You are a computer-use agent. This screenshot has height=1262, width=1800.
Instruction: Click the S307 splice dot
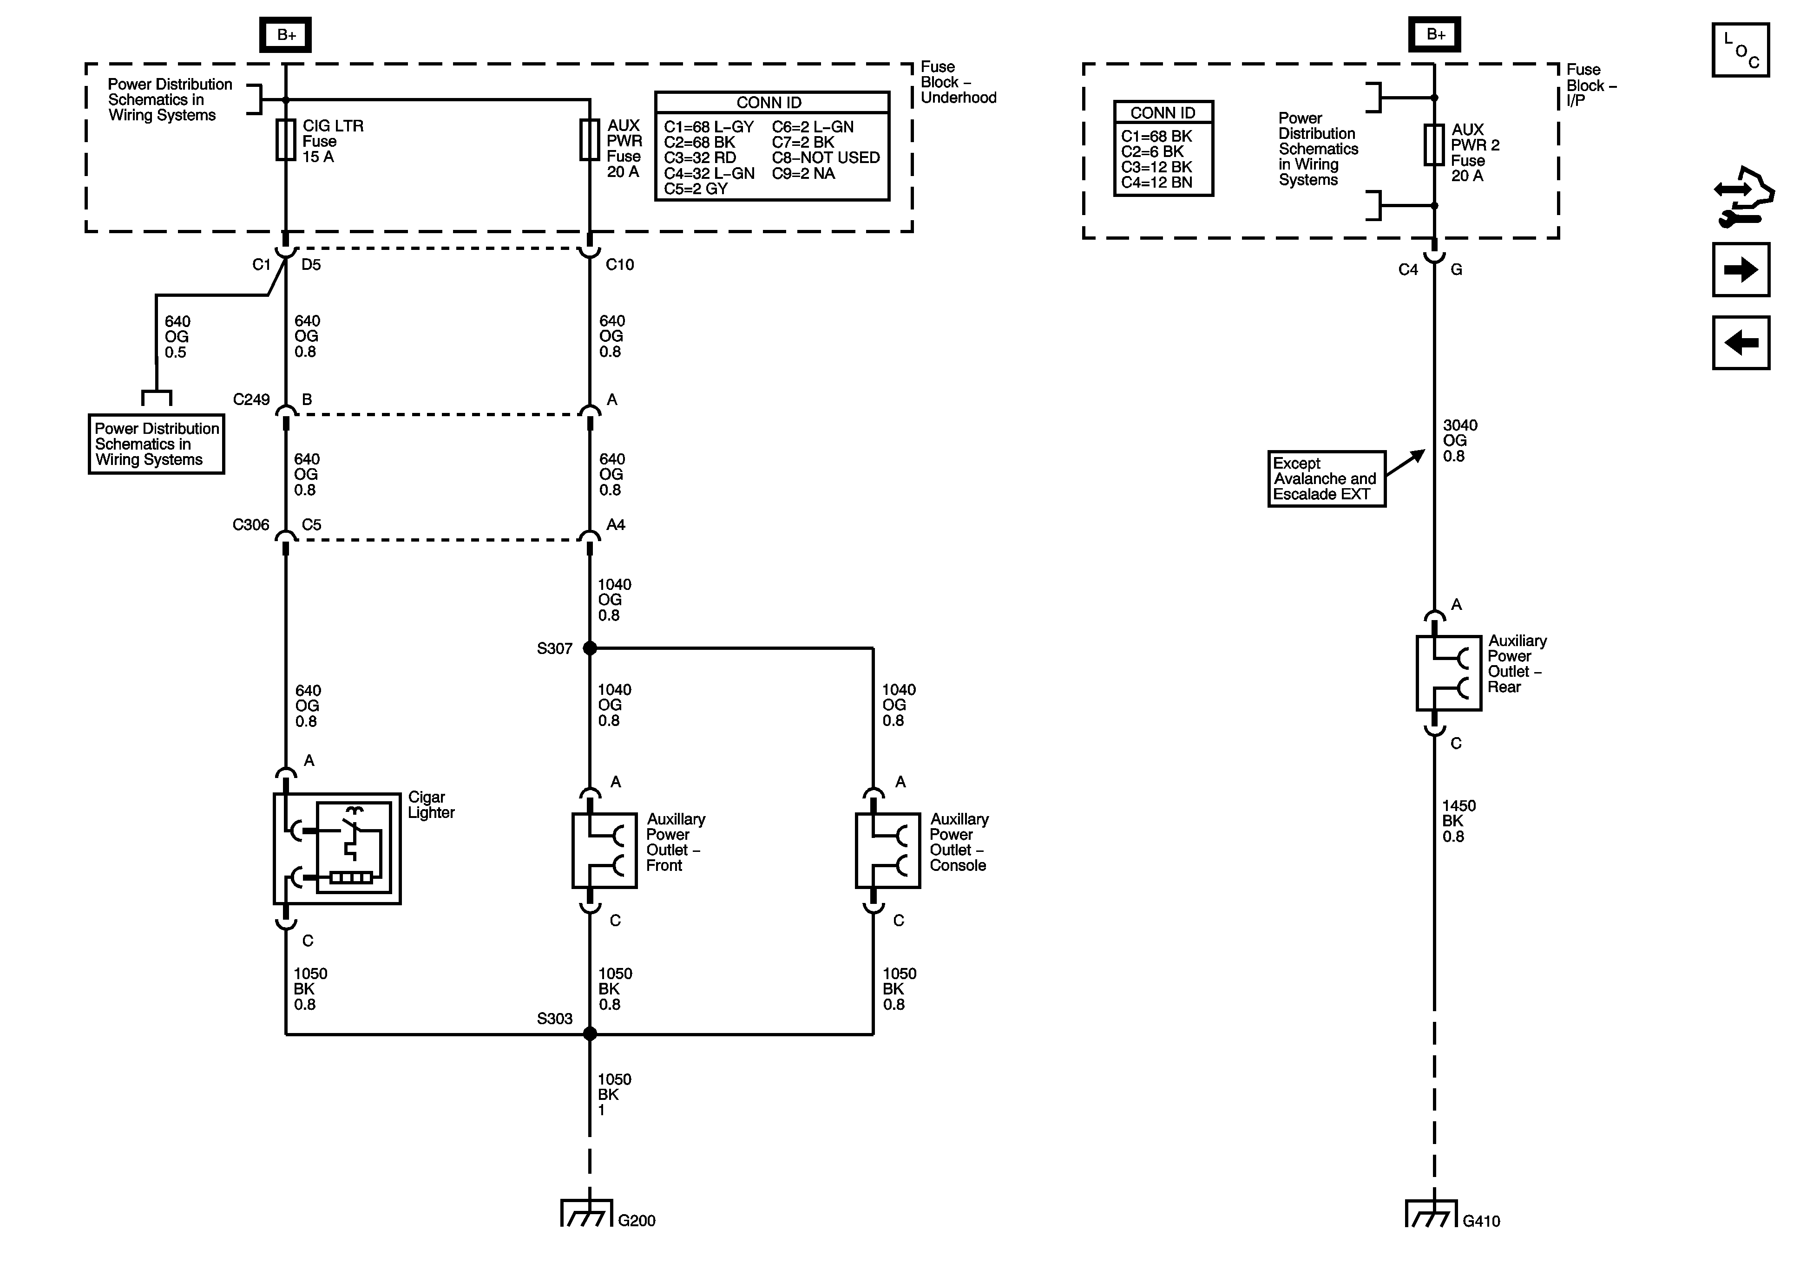[590, 648]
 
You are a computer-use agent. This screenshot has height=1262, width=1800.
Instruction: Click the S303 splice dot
[590, 1034]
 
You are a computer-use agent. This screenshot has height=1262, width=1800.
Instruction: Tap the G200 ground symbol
[585, 1213]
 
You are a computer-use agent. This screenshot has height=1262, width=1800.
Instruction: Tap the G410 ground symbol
[1431, 1213]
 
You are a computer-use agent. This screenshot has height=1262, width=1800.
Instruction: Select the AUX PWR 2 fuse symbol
[1434, 145]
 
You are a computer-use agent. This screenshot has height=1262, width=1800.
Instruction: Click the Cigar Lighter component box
[337, 848]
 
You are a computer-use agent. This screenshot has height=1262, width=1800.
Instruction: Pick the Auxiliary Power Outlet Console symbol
[887, 850]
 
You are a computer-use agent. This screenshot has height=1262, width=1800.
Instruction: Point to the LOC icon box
[1741, 50]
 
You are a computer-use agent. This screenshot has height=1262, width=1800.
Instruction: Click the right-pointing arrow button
[1741, 270]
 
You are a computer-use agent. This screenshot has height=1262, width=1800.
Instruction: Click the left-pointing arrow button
[1741, 342]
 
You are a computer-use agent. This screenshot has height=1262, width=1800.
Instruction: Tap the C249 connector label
[251, 400]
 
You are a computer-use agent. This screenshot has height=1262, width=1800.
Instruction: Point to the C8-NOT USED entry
[826, 157]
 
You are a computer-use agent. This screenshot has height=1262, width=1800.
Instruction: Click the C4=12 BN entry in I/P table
[1156, 183]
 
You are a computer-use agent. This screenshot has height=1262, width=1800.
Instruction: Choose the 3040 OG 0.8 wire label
[1460, 440]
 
